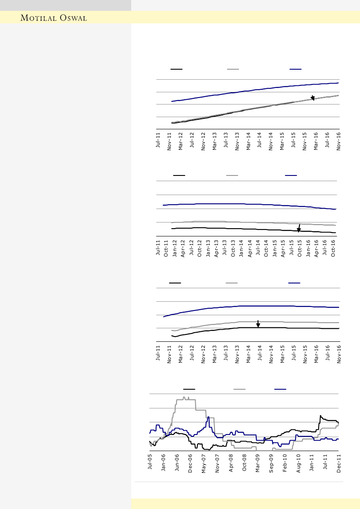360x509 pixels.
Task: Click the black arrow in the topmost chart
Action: [x=312, y=98]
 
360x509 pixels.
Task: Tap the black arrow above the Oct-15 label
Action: [x=299, y=228]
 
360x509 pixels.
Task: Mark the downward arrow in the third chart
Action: [x=258, y=324]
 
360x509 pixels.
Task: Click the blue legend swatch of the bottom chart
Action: [x=280, y=388]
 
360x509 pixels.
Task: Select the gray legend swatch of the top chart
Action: [x=233, y=69]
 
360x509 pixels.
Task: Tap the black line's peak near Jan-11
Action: [x=320, y=416]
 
